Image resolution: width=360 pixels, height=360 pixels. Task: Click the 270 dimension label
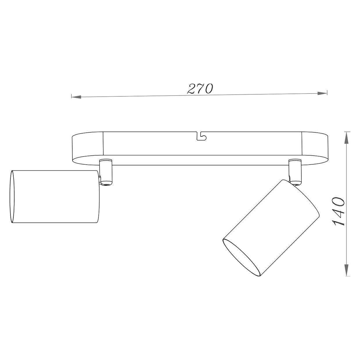(x=200, y=89)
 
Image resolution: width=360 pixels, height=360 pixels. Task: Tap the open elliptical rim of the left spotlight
(x=12, y=197)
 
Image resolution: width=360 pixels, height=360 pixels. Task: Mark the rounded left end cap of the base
(x=87, y=147)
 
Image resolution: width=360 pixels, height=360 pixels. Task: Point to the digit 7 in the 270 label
(x=200, y=89)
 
